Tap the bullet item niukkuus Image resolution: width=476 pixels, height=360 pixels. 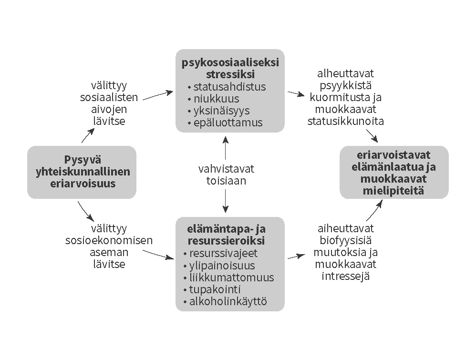pos(216,99)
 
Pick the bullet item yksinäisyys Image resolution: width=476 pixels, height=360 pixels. pos(221,111)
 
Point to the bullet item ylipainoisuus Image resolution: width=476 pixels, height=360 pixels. pos(222,266)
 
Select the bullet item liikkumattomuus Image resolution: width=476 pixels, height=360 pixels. pos(231,278)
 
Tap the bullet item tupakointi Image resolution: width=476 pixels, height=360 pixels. pos(215,289)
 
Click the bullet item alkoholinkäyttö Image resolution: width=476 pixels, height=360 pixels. pos(228,301)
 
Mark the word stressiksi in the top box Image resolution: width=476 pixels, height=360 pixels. pos(230,75)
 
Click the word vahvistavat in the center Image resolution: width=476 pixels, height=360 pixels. pos(227,169)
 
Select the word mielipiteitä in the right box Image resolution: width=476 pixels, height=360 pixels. pos(394,191)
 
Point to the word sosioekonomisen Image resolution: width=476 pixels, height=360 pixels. pos(109,240)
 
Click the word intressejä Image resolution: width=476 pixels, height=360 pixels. pos(346,276)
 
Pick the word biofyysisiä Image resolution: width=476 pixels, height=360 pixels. pos(346,240)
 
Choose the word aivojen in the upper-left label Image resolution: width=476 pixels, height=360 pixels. pos(109,109)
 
